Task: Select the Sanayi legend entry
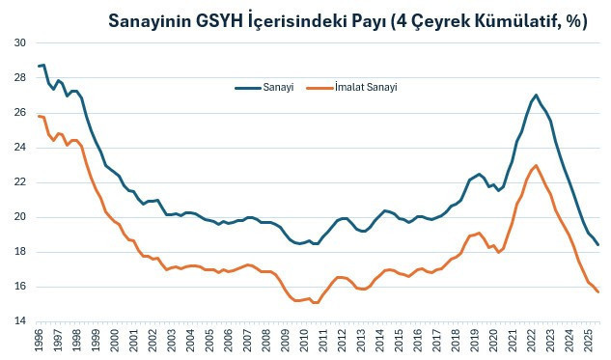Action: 276,87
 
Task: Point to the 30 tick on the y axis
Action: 20,43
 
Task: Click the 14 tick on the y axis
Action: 20,321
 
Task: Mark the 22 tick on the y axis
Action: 20,182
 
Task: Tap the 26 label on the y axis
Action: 20,113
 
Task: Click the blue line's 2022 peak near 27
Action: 536,96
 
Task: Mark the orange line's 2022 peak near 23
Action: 536,165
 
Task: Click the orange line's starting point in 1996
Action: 39,116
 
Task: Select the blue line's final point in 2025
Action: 598,245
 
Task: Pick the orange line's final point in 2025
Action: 598,292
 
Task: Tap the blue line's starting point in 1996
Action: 39,66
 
